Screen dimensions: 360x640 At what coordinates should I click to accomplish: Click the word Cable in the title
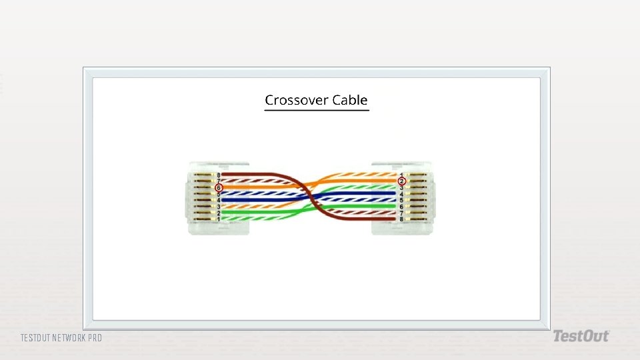coord(351,100)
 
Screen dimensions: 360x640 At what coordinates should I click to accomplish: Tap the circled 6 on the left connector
coord(218,187)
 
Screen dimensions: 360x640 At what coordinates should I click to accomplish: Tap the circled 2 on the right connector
coord(401,181)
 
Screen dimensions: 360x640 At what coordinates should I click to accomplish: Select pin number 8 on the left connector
coord(218,175)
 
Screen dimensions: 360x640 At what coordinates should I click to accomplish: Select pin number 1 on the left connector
coord(218,219)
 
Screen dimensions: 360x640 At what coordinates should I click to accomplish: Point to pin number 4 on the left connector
coord(218,200)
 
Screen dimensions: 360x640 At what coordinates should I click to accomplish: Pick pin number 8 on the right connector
coord(401,219)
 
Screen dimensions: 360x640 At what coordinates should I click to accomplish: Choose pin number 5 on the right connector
coord(401,200)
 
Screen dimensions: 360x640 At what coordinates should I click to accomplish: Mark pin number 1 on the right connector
coord(401,175)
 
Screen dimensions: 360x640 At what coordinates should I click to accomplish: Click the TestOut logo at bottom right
coord(580,337)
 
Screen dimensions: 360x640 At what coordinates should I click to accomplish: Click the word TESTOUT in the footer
coord(35,338)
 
